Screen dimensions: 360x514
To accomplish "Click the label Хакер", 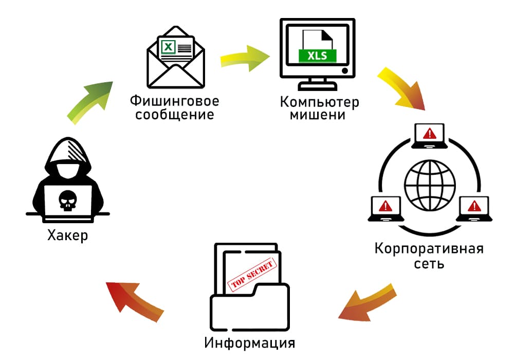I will click(x=67, y=236).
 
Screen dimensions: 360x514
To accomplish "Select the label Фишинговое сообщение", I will click(x=174, y=106).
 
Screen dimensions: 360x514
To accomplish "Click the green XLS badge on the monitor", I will click(x=317, y=55).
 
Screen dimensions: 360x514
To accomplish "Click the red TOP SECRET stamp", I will click(x=252, y=275).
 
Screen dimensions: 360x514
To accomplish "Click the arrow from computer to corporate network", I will click(x=403, y=88).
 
